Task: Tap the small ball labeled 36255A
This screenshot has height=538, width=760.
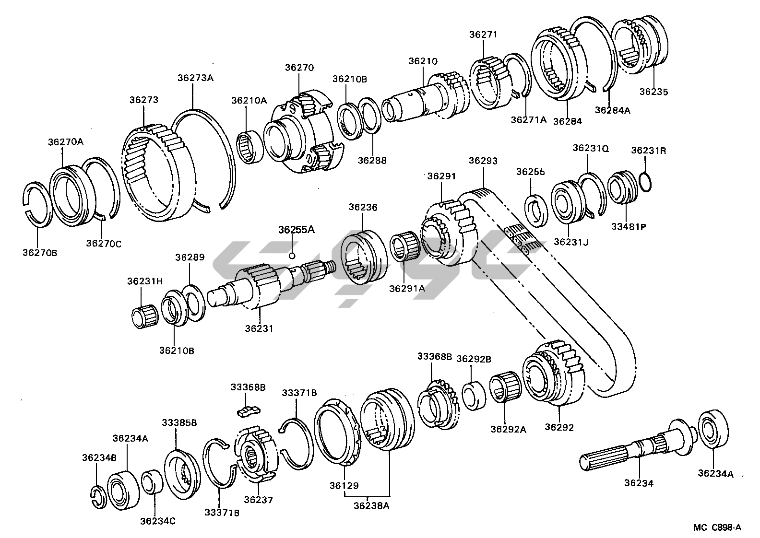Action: (291, 256)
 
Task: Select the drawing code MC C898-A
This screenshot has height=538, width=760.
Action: (717, 527)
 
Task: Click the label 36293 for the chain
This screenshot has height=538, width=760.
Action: (483, 161)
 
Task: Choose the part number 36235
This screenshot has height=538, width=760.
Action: (653, 92)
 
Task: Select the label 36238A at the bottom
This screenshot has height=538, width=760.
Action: (372, 505)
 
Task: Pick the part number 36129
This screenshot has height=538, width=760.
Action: (344, 486)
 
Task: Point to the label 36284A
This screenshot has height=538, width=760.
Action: (612, 110)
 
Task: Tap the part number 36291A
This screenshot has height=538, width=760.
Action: (407, 289)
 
